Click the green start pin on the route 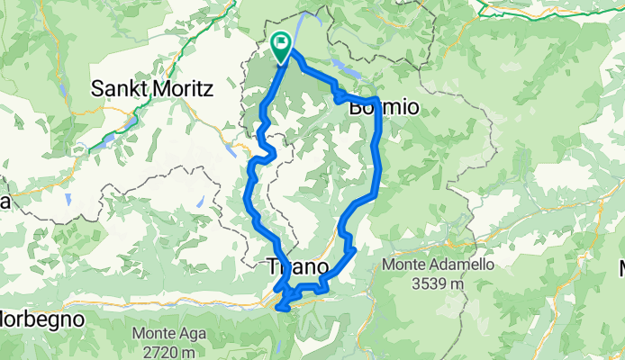[281, 46]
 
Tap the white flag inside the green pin [281, 41]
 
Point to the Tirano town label [294, 265]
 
